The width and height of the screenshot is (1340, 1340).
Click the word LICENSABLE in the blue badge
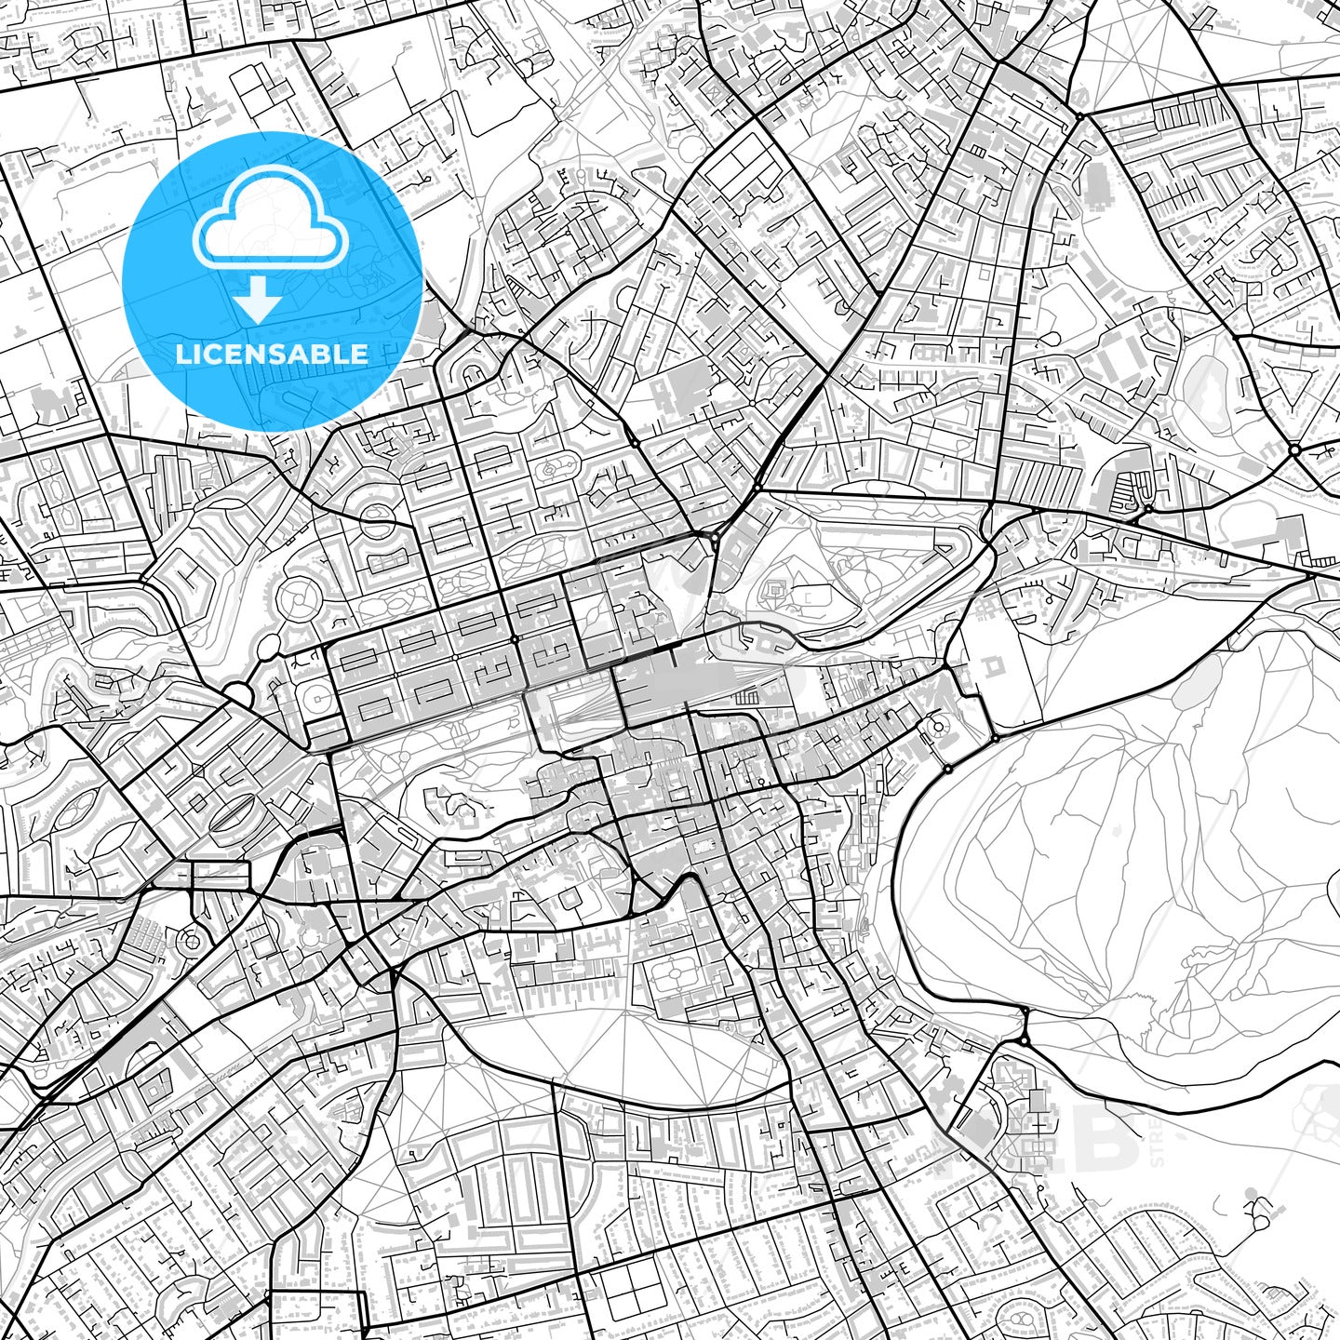(x=272, y=355)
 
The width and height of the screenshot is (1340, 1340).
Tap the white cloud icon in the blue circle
(x=270, y=223)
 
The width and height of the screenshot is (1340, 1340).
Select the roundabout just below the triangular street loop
(x=1294, y=450)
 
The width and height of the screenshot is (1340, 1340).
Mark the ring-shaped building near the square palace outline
(x=938, y=727)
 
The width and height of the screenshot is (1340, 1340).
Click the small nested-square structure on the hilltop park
(x=774, y=589)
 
